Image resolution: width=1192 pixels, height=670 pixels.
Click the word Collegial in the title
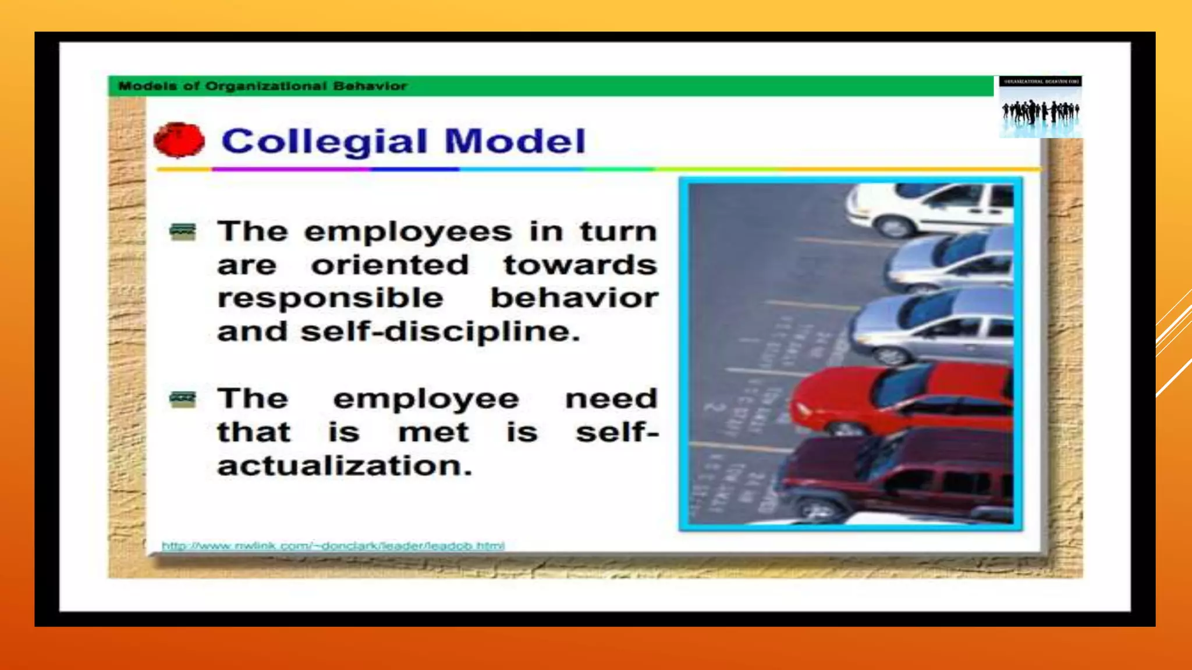(x=324, y=141)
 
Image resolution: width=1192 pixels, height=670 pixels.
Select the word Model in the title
(x=515, y=141)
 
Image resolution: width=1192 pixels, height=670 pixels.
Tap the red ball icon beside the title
(x=179, y=140)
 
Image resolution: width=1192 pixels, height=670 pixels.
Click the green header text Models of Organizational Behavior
(x=262, y=86)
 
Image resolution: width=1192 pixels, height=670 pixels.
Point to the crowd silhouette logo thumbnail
(x=1040, y=107)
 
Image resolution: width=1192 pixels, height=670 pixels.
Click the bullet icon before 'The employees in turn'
(x=183, y=231)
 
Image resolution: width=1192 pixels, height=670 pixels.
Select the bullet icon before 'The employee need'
(x=183, y=399)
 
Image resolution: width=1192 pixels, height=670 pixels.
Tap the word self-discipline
(x=440, y=332)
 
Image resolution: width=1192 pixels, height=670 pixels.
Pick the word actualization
(x=345, y=466)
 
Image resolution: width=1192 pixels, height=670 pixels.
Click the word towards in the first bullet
(x=580, y=265)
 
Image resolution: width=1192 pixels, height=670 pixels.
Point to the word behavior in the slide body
(x=574, y=298)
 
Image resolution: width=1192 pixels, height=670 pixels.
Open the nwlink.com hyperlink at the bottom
(x=333, y=546)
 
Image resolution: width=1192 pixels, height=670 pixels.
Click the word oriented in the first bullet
(x=390, y=265)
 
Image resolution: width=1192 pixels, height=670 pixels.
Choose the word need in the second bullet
(x=611, y=399)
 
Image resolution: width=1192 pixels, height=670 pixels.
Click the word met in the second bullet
(x=434, y=433)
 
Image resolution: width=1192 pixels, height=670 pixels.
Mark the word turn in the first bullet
(x=619, y=231)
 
